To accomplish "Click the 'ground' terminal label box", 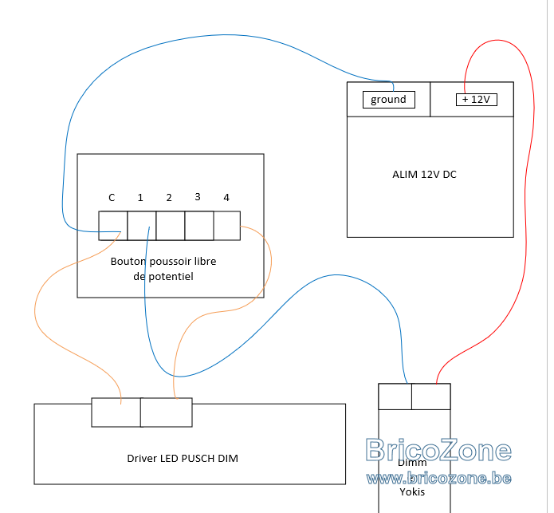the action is [x=389, y=100].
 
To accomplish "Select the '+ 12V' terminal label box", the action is [x=477, y=100].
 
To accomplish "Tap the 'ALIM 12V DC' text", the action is [x=424, y=174].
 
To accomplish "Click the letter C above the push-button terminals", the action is [x=112, y=198].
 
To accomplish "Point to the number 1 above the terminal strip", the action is [x=140, y=198].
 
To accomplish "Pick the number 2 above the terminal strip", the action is [x=169, y=198].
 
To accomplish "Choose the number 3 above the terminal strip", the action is [x=198, y=197].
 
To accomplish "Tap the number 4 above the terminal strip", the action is [x=226, y=198].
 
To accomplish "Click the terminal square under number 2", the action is [x=171, y=226].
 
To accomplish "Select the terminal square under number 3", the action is [x=199, y=226].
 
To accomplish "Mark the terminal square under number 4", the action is [x=227, y=226].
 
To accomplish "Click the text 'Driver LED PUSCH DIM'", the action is [x=183, y=459].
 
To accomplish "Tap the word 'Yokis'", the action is [x=412, y=491].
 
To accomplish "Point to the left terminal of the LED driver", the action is [x=116, y=412].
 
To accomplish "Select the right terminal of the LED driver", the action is [x=167, y=412].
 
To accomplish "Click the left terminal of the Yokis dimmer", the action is [x=395, y=397].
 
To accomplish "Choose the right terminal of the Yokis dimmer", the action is [x=431, y=397].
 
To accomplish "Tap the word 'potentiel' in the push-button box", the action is [x=171, y=277].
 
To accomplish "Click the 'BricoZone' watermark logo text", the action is [x=438, y=450].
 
